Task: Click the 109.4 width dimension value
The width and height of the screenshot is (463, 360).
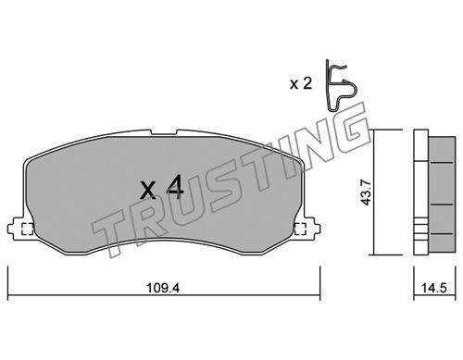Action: coord(163,288)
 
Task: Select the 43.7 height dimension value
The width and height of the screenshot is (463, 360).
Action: coord(367,192)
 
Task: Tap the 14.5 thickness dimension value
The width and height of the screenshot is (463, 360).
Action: coord(434,288)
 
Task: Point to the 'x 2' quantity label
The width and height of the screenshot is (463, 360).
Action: coord(301,83)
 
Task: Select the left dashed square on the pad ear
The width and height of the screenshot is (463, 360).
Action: coord(27,229)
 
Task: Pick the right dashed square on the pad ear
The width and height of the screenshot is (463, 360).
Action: coord(300,229)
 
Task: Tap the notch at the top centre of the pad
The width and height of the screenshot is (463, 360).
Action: coord(164,132)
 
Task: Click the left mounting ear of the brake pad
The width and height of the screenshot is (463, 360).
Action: coord(16,229)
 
